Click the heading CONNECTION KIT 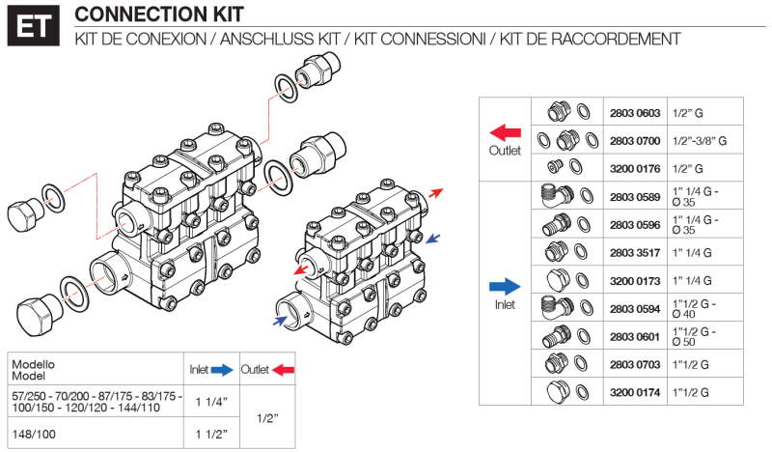coord(159,14)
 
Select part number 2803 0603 coord(634,112)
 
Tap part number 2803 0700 coord(634,140)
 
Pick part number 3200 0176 coord(634,168)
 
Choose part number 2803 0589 coord(634,196)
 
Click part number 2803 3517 coord(634,252)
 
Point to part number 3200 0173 coord(634,280)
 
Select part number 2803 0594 coord(634,308)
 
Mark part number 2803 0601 coord(634,336)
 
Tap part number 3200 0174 coord(634,392)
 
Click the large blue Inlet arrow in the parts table coord(505,286)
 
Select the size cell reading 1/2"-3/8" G coord(700,140)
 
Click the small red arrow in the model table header coord(284,370)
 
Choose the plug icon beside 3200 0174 coord(554,392)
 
